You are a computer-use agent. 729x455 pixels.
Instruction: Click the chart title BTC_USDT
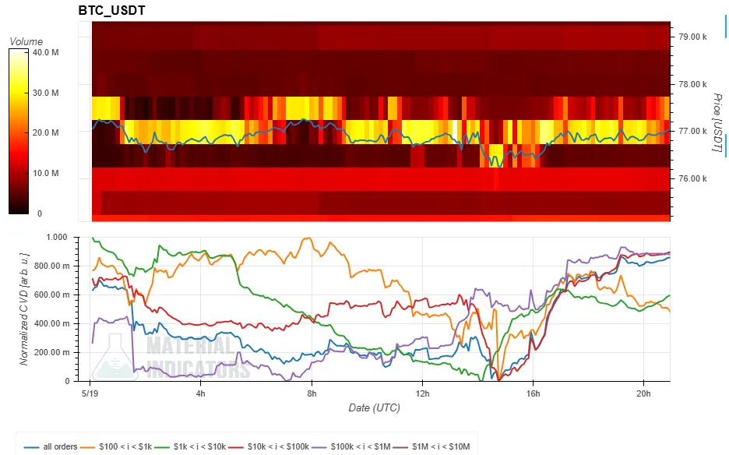click(111, 10)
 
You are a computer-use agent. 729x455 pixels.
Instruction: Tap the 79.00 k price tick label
click(692, 37)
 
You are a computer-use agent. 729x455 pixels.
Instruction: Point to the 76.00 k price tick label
click(692, 178)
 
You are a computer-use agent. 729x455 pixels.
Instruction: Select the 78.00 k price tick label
click(692, 84)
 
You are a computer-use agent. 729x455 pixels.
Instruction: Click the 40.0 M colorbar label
click(45, 52)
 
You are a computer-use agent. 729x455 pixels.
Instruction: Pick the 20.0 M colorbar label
click(45, 132)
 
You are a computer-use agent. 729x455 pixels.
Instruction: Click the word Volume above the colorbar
click(26, 41)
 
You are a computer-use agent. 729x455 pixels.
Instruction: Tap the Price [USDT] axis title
click(717, 122)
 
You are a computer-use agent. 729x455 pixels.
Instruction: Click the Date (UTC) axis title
click(375, 408)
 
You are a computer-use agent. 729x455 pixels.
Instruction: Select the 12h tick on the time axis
click(422, 393)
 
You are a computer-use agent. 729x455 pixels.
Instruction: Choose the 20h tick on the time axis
click(643, 393)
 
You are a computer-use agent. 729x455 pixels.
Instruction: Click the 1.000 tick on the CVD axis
click(57, 238)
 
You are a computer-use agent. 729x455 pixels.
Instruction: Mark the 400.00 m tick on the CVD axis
click(52, 324)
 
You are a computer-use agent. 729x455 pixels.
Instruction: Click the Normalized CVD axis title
click(24, 309)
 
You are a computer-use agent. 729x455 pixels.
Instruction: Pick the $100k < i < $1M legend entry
click(351, 446)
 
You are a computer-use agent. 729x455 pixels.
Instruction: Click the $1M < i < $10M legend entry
click(432, 446)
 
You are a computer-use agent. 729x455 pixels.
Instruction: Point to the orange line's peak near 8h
click(308, 238)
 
